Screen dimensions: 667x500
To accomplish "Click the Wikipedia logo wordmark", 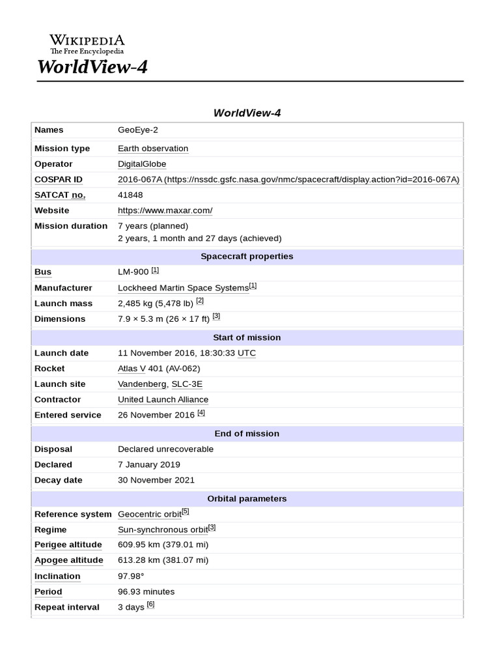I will (87, 40).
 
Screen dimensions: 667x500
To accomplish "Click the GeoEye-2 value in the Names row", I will (137, 130).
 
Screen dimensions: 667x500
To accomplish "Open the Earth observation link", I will (153, 149).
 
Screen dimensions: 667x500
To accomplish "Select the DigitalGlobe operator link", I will (142, 164).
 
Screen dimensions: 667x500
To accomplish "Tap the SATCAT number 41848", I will (130, 195).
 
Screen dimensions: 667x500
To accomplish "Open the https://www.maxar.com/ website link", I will (165, 210).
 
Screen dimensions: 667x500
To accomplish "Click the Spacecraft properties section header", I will (247, 257).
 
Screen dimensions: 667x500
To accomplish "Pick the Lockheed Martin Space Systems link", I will (183, 288).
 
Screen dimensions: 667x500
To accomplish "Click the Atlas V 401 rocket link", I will (141, 369).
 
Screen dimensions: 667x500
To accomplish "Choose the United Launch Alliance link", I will (163, 400).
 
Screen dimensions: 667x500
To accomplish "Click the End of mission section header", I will (247, 434).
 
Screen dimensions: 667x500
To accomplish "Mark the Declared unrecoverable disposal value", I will (165, 449).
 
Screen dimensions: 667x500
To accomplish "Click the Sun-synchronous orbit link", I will (162, 530).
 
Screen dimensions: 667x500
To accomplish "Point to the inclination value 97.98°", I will (131, 576).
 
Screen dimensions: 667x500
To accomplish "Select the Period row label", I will (48, 592).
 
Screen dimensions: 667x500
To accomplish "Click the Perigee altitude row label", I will (68, 545).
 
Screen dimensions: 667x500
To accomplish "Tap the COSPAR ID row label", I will (58, 180).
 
